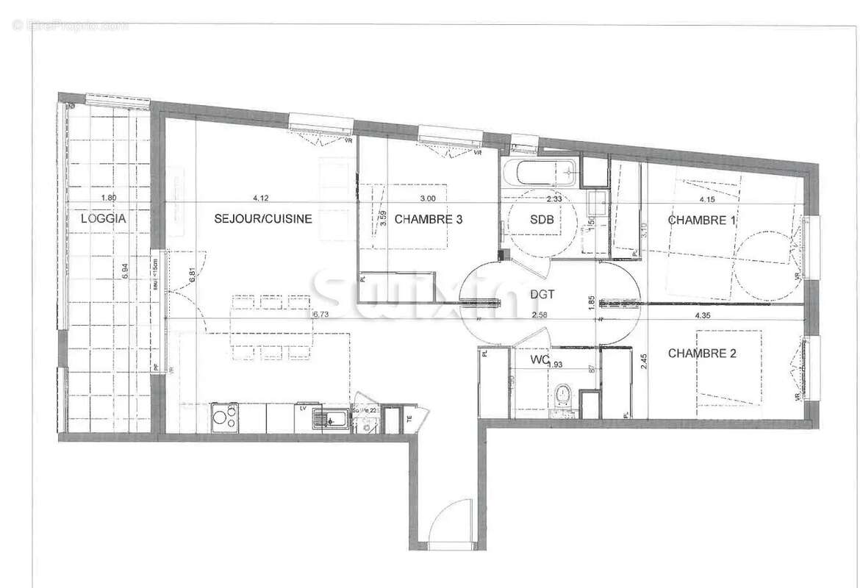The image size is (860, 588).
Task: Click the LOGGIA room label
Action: pos(104,218)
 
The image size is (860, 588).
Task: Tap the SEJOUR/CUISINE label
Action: pos(263,218)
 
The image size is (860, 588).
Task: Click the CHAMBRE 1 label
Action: pos(702,220)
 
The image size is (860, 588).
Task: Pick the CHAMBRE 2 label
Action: pos(702,354)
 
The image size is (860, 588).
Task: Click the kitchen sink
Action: pos(331,420)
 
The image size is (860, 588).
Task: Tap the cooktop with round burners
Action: pos(224,418)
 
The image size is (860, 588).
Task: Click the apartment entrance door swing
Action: pos(450,523)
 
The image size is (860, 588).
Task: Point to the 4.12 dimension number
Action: pos(260,198)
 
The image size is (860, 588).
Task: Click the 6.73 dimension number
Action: pos(320,315)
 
